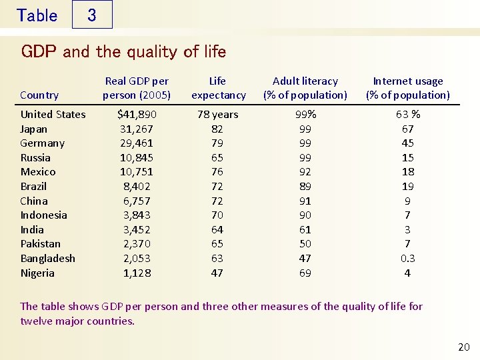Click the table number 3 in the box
(91, 15)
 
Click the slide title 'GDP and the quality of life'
(123, 51)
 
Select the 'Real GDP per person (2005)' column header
(137, 88)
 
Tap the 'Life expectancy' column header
(218, 88)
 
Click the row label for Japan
(33, 129)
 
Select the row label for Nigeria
(37, 273)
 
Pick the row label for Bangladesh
(47, 258)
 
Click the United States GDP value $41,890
(137, 114)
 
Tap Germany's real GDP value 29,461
(137, 143)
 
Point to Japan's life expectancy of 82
(217, 129)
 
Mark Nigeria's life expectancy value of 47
(217, 273)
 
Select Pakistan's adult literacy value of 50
(305, 244)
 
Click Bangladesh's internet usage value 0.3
(407, 258)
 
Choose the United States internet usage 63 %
(407, 114)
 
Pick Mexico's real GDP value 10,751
(137, 171)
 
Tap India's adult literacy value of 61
(305, 229)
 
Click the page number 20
(463, 347)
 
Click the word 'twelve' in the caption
(35, 321)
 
